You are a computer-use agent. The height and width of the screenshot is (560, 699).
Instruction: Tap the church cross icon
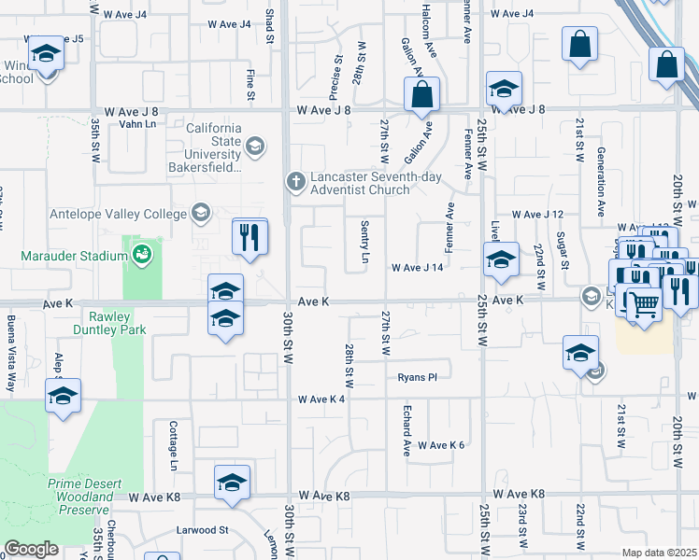(295, 181)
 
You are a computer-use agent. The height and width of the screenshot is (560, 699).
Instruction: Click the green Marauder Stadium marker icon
(141, 253)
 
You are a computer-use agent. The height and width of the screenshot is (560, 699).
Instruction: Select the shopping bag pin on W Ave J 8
(421, 93)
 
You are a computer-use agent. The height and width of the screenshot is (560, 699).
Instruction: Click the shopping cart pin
(643, 302)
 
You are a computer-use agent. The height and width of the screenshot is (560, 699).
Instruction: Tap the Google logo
(31, 549)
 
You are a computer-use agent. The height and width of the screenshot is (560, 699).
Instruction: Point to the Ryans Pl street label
(417, 377)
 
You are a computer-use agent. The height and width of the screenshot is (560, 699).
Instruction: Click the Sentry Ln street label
(364, 241)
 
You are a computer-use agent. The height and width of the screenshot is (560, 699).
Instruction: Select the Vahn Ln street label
(137, 123)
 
